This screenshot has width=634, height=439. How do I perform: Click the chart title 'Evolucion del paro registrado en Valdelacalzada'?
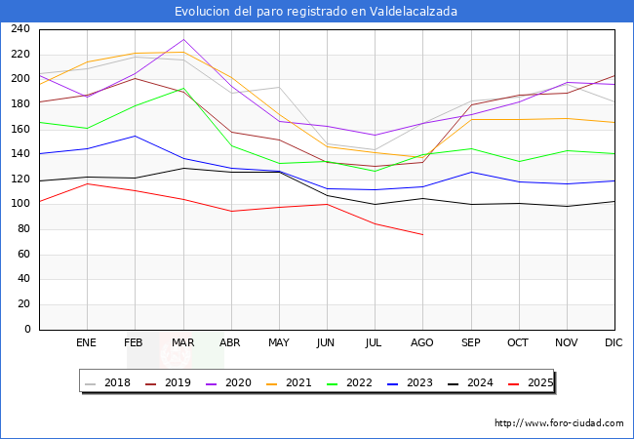click(x=316, y=12)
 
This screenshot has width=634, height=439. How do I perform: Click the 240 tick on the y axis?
click(x=20, y=29)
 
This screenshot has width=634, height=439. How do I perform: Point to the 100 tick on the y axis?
click(x=20, y=204)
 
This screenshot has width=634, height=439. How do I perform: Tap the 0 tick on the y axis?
click(x=27, y=329)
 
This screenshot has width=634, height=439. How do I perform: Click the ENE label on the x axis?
click(x=87, y=343)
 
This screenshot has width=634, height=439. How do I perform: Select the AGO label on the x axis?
click(x=422, y=343)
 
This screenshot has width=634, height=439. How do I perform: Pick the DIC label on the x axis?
click(x=614, y=343)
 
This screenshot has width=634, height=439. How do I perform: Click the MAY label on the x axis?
click(x=278, y=343)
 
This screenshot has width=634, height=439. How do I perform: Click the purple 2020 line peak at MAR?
click(x=182, y=40)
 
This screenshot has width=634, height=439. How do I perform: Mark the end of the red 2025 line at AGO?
click(x=422, y=234)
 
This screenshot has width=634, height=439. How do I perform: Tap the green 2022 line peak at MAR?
click(x=182, y=88)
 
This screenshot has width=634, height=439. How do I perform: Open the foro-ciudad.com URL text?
click(x=559, y=423)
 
